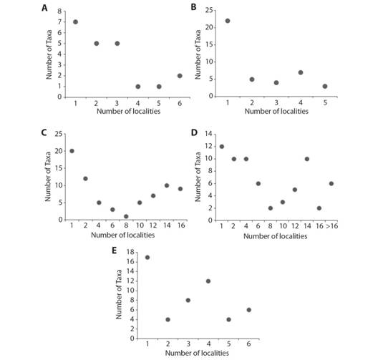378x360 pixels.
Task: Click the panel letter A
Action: tap(44, 8)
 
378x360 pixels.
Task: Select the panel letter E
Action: tap(115, 250)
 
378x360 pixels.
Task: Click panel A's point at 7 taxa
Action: tap(75, 22)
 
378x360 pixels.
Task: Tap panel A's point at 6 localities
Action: tap(180, 76)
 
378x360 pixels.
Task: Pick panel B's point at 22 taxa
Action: tap(228, 21)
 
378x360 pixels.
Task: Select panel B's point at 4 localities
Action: tap(301, 72)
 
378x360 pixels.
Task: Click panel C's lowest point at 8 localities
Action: tap(126, 216)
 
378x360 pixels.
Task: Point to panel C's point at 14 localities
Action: tap(167, 185)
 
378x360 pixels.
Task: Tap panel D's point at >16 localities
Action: tap(331, 184)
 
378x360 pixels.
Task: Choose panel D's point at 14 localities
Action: tap(307, 159)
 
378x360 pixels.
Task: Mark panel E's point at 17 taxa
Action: tap(147, 258)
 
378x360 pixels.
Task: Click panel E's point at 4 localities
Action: tap(208, 281)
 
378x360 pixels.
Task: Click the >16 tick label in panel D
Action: tap(332, 226)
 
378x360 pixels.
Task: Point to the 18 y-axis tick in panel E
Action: tap(131, 252)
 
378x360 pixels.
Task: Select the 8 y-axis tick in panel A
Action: tap(59, 11)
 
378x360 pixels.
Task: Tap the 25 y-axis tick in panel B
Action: tap(209, 10)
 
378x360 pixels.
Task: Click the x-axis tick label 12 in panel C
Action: tap(153, 225)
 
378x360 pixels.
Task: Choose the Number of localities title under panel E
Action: tap(197, 353)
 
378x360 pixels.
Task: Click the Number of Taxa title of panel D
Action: tap(198, 177)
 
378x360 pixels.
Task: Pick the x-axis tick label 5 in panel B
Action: tap(325, 102)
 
